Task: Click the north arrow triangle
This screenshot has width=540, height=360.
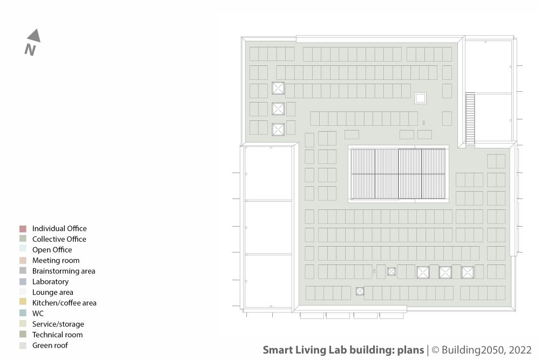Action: (35, 37)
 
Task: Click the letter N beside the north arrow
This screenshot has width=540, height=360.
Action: (30, 50)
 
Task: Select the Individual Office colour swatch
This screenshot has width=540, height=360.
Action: (23, 229)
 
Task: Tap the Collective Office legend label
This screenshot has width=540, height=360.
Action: (59, 239)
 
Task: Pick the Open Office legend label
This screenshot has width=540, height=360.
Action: (52, 250)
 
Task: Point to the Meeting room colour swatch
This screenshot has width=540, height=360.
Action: (23, 261)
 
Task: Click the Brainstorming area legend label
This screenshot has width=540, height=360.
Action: (64, 271)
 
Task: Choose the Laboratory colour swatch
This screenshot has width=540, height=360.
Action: (23, 282)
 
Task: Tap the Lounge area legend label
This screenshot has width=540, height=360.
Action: (53, 292)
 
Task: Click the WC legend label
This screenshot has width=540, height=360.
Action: (38, 314)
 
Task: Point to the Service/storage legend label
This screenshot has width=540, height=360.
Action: (58, 324)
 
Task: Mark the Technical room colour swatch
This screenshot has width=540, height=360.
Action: (23, 334)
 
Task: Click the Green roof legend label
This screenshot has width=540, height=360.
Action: (50, 345)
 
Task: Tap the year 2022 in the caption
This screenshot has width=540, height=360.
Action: (520, 350)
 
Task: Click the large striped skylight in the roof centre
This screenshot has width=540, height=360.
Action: (398, 174)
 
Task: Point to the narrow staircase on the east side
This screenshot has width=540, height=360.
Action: (470, 118)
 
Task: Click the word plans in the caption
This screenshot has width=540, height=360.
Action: (410, 350)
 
